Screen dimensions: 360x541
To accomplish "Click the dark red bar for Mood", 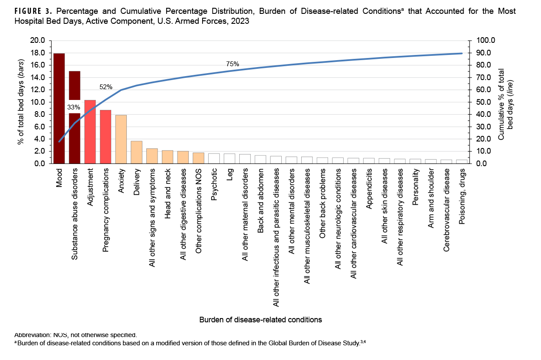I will pyautogui.click(x=59, y=108).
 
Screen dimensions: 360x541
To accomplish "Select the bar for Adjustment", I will pyautogui.click(x=90, y=132).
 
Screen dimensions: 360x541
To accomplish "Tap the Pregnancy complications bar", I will pyautogui.click(x=106, y=137).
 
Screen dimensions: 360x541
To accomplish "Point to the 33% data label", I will pyautogui.click(x=74, y=107).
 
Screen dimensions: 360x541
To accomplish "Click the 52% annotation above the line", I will pyautogui.click(x=106, y=87).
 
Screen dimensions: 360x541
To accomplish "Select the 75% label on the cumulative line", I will pyautogui.click(x=232, y=64).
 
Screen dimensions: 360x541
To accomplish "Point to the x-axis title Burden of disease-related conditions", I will pyautogui.click(x=261, y=320).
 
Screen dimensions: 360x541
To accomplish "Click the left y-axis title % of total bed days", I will pyautogui.click(x=20, y=102).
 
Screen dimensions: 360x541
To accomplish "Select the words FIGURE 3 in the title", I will pyautogui.click(x=31, y=11).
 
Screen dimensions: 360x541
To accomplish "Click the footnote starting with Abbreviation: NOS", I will pyautogui.click(x=76, y=334).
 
